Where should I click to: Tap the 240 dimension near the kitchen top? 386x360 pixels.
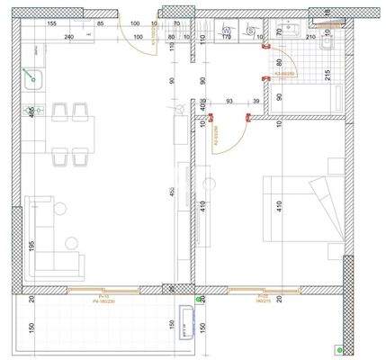click(x=68, y=38)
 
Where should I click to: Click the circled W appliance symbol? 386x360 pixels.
click(x=227, y=30)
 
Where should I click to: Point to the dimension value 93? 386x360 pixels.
click(x=231, y=102)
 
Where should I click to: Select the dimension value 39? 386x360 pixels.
click(x=257, y=102)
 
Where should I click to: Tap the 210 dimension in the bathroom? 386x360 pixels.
click(x=310, y=38)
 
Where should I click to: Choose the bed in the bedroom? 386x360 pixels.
click(x=301, y=211)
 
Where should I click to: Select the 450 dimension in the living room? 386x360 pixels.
click(x=173, y=191)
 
